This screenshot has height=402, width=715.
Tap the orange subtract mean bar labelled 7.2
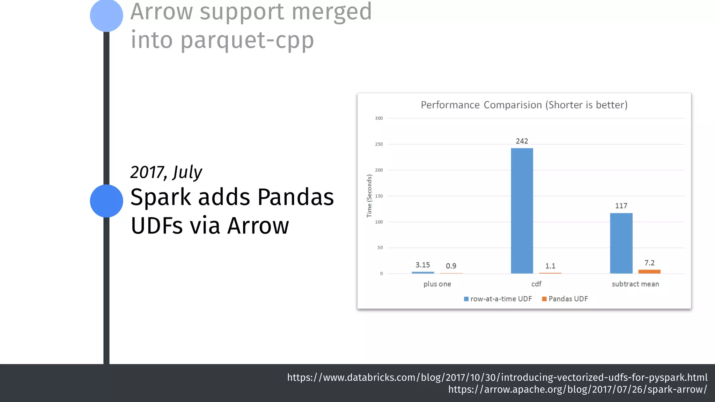(649, 271)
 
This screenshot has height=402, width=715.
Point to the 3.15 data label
(422, 265)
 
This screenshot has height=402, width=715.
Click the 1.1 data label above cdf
(550, 266)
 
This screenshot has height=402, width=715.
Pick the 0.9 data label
(451, 266)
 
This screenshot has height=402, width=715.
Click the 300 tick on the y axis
(379, 118)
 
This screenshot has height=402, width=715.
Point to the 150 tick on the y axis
(379, 196)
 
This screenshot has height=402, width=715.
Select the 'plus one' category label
(437, 284)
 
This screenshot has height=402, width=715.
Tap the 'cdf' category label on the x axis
(536, 284)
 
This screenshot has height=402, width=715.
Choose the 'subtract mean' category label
(635, 284)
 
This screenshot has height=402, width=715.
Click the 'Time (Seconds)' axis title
(369, 196)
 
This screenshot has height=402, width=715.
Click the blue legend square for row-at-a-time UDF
(466, 299)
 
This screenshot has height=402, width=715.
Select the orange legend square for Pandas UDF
(544, 299)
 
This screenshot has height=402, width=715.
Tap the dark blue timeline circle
(106, 201)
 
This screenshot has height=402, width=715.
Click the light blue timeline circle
(106, 16)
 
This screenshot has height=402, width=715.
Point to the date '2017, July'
(166, 172)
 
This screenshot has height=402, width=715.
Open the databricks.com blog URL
(497, 377)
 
